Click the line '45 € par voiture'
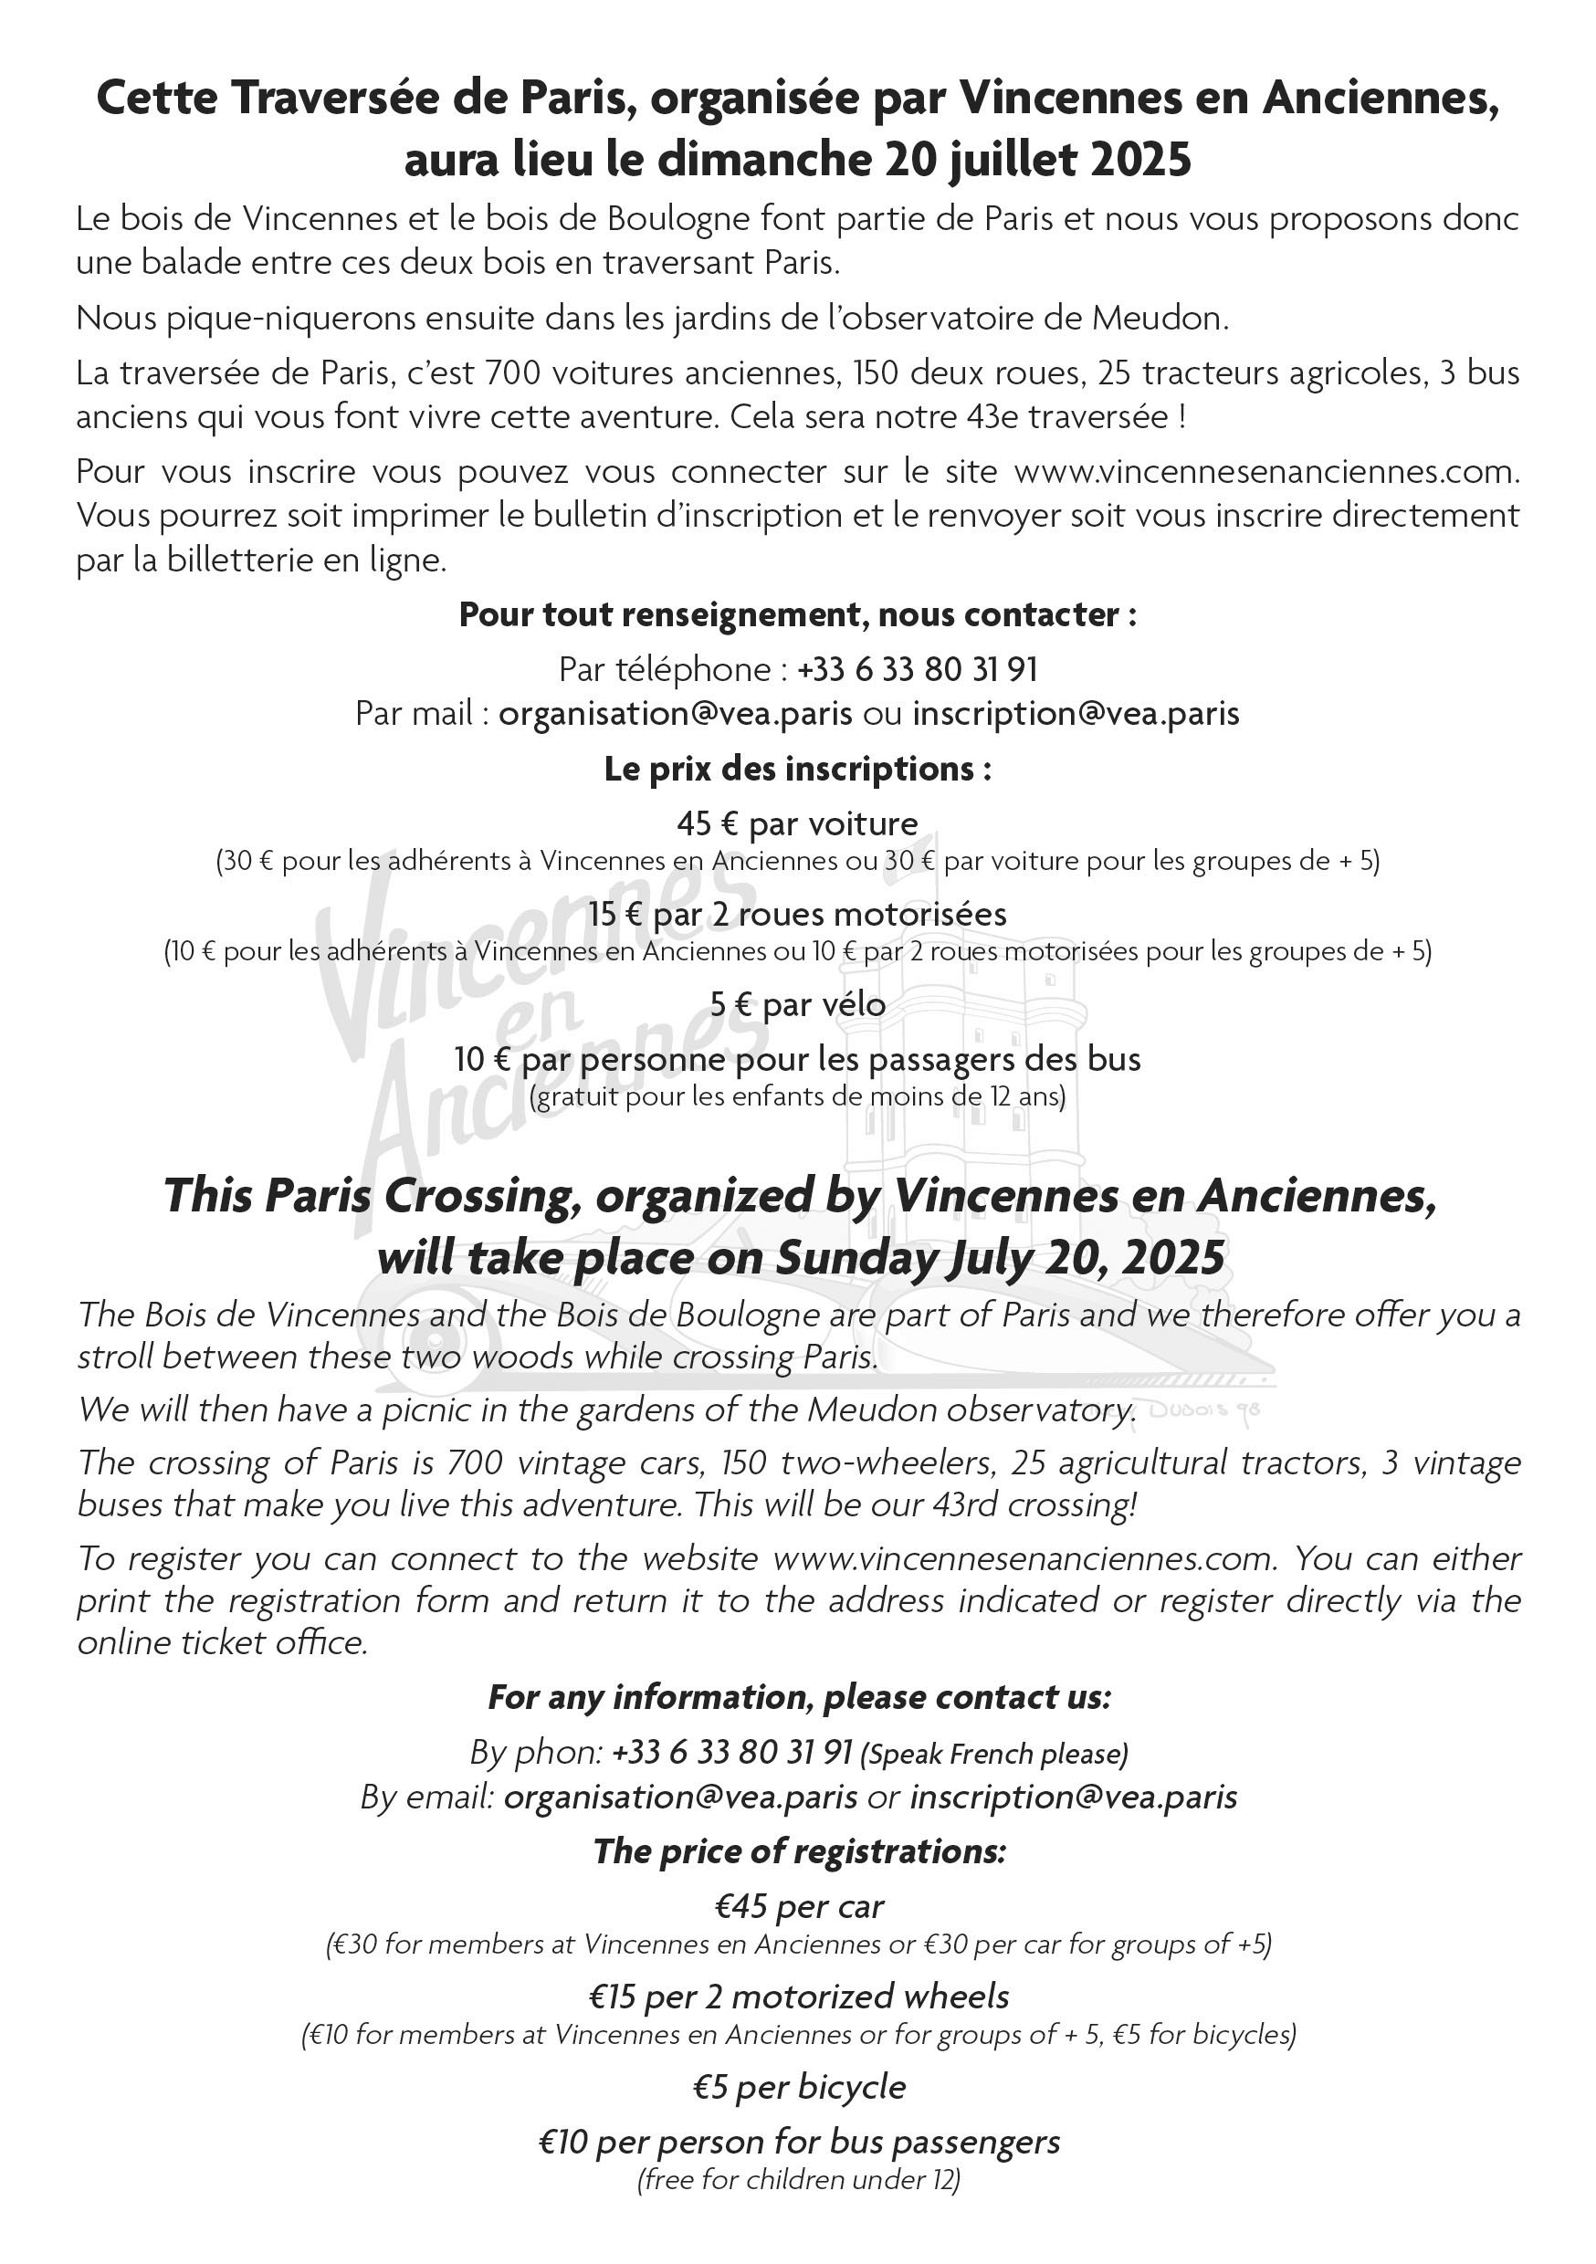coord(797,823)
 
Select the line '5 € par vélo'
coord(797,1005)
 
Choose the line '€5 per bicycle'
coord(798,2087)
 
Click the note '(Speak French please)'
coord(994,1755)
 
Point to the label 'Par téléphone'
coord(665,669)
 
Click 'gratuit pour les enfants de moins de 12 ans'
coord(797,1096)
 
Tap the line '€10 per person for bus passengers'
coord(798,2142)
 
